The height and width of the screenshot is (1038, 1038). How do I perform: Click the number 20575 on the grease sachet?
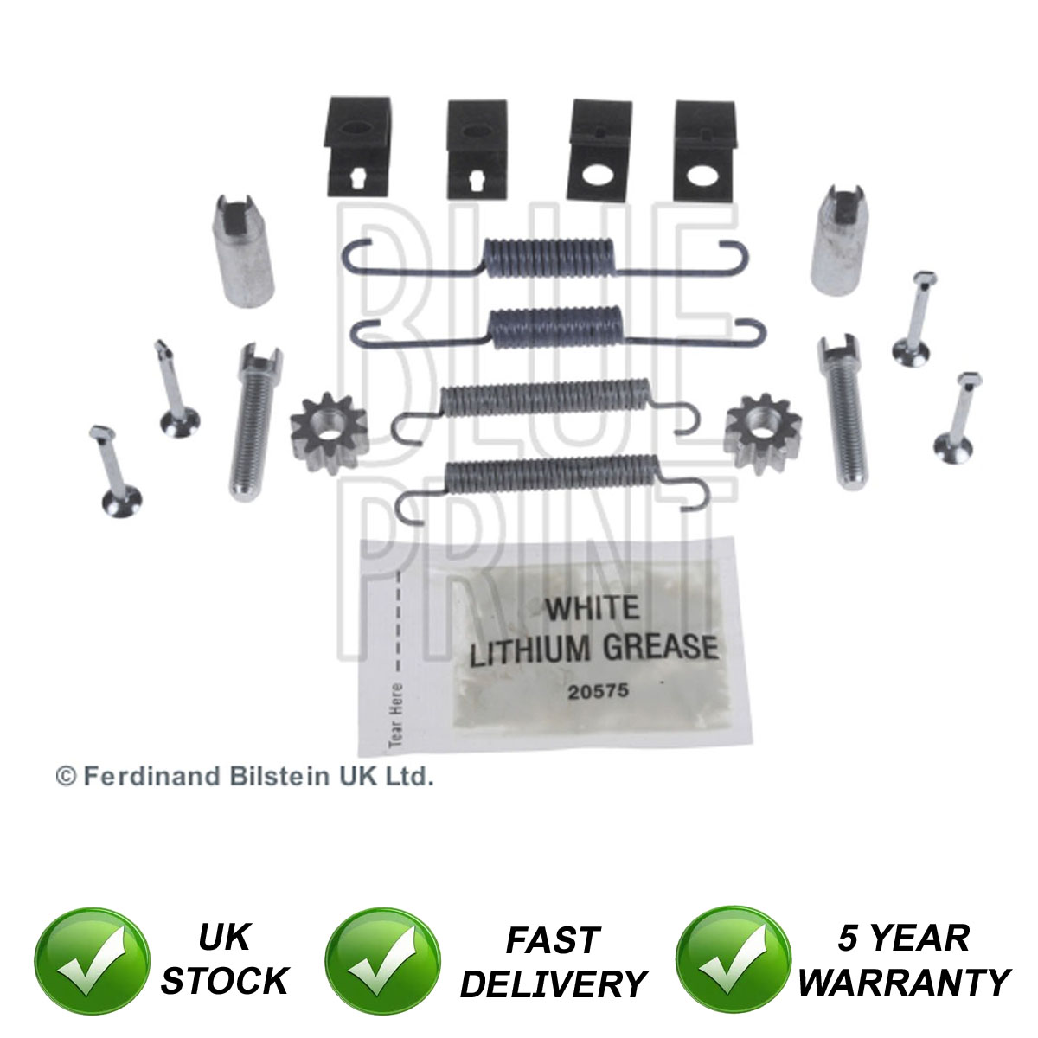point(599,691)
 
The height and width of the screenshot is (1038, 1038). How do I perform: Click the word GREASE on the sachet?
point(660,648)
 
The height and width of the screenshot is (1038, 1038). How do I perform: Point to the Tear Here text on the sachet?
point(396,716)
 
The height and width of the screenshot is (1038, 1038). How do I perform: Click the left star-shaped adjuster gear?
point(329,433)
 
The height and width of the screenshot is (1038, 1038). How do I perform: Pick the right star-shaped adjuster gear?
point(762,434)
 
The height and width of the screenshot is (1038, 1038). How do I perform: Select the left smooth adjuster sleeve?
point(242,251)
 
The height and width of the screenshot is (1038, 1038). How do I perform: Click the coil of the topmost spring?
point(549,257)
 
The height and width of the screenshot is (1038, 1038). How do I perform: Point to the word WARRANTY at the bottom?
point(905,982)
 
